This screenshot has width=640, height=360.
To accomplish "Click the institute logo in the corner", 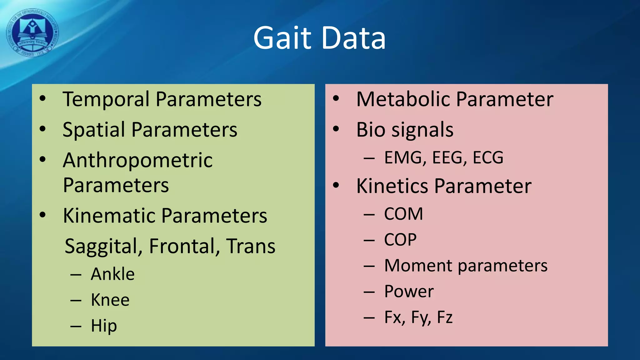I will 32,33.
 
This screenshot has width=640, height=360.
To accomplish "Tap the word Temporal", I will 106,99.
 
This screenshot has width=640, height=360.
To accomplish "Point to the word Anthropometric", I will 137,160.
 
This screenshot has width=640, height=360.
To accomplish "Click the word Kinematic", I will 109,216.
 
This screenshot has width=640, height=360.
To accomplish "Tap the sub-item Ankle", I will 112,274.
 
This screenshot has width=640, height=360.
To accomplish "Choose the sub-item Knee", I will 110,300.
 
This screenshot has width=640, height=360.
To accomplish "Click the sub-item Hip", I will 104,326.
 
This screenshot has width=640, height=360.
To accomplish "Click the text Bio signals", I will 405,130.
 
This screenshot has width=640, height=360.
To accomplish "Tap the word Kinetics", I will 392,186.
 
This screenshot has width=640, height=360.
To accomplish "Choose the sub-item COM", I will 403,214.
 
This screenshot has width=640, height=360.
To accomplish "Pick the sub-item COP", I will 400,240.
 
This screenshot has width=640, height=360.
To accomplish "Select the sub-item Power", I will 409,292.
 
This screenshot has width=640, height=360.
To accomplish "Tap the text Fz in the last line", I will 444,317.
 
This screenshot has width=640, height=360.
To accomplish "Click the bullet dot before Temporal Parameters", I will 43,99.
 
